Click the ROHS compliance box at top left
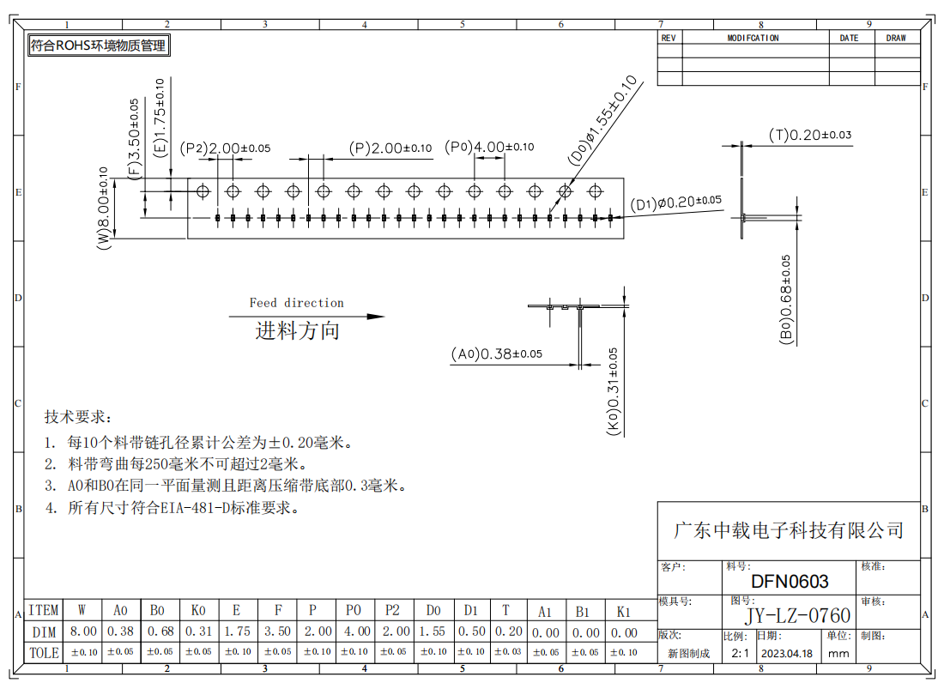pos(99,45)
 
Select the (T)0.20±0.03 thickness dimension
pos(810,135)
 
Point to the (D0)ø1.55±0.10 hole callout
pos(602,120)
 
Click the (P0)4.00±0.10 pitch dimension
pos(489,147)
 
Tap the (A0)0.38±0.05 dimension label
pos(497,354)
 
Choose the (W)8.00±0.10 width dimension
pos(103,209)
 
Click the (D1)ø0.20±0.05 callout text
pos(675,202)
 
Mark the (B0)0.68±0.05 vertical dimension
pos(785,299)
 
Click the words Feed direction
pos(297,303)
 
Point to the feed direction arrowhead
pos(376,316)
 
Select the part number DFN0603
pos(790,581)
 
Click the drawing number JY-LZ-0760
pos(798,615)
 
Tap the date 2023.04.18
pos(787,654)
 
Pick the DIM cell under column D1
pos(471,632)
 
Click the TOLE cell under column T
pos(508,652)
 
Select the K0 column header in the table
pos(198,611)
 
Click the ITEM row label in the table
pos(44,610)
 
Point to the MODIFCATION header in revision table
pos(753,38)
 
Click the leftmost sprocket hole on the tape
pos(203,191)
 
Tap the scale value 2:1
pos(740,654)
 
